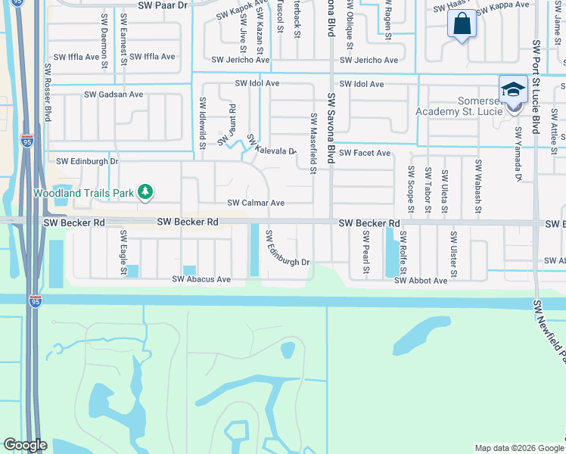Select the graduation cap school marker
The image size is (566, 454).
(513, 89)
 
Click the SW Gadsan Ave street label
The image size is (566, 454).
(114, 95)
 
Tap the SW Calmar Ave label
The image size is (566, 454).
(256, 203)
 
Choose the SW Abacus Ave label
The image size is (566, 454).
(201, 279)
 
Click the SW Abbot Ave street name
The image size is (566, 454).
(421, 280)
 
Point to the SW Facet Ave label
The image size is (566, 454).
(365, 153)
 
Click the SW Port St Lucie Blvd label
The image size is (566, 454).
(535, 87)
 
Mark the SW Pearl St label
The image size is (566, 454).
(365, 252)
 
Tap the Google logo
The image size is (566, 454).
(25, 445)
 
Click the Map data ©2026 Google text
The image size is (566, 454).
(519, 448)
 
